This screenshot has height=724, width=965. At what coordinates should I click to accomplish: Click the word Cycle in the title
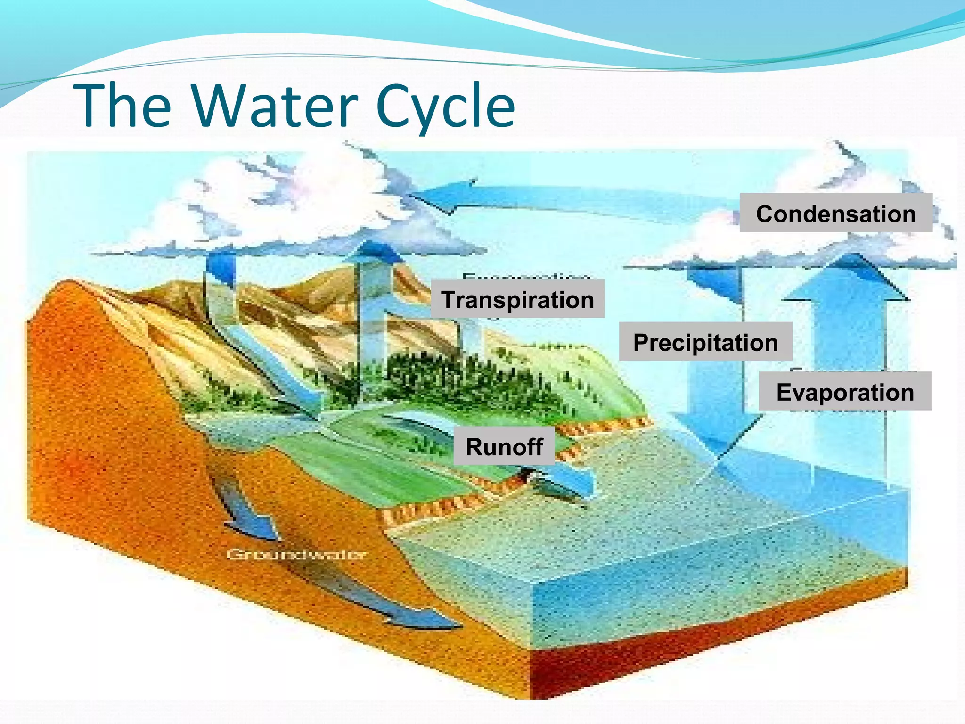(x=445, y=106)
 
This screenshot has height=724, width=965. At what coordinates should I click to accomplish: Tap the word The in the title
(x=123, y=106)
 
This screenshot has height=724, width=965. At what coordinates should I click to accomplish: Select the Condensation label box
(x=835, y=213)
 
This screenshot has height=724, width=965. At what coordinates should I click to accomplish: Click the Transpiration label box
(x=517, y=299)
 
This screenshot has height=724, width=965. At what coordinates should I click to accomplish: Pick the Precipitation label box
(x=705, y=342)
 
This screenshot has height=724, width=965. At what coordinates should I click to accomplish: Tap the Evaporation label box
(x=845, y=391)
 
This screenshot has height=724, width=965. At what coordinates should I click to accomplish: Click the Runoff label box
(x=504, y=446)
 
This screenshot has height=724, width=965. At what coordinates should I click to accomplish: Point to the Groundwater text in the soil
(x=296, y=554)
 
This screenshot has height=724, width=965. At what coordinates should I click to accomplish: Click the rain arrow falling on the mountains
(x=220, y=283)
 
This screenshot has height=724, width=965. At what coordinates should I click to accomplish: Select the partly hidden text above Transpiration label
(x=525, y=276)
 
